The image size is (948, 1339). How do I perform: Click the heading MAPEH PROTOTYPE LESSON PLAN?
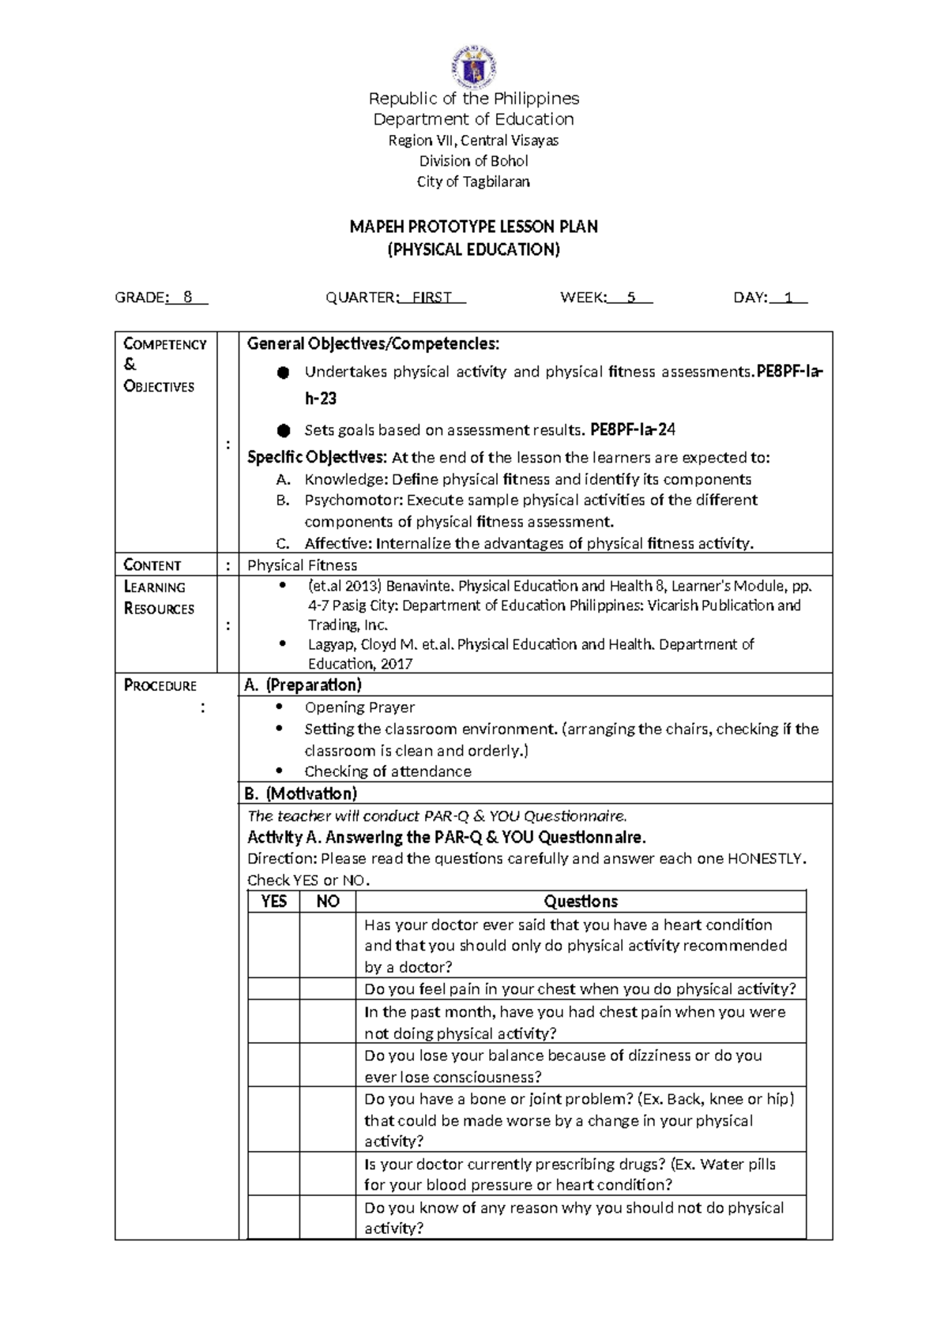tap(474, 227)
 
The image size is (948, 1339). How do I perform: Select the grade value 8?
tap(187, 298)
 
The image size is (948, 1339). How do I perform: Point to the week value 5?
tap(630, 298)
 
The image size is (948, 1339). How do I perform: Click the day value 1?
tap(788, 298)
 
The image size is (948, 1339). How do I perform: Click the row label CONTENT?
tap(152, 564)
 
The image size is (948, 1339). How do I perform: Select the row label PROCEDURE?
tap(160, 685)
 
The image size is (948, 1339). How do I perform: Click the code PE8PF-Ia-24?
tap(633, 430)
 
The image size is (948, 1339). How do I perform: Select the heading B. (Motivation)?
tap(300, 793)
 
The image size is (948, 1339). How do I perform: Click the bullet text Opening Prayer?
tap(359, 707)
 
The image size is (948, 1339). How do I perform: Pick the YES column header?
tap(273, 902)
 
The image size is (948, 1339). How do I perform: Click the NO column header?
tap(328, 902)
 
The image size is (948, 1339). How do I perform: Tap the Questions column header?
tap(581, 902)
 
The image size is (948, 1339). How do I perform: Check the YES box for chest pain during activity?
tap(273, 988)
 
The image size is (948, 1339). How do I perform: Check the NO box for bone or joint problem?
tap(328, 1119)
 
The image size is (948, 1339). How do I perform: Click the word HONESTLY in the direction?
tap(766, 858)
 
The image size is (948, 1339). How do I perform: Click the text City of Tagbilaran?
tap(474, 182)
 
